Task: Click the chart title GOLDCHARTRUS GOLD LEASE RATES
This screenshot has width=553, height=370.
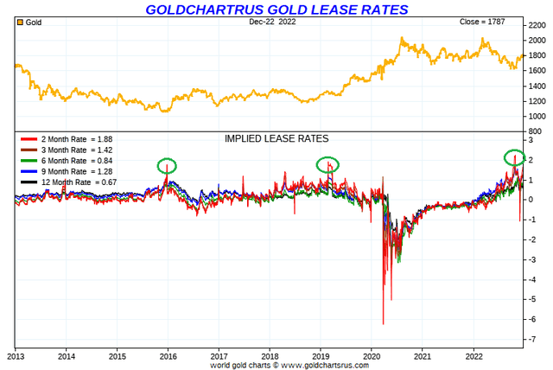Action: [x=276, y=10]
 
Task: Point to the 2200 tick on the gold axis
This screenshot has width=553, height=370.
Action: [x=536, y=26]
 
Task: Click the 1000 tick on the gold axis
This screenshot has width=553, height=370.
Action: [x=536, y=116]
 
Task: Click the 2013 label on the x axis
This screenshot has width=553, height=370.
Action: [x=16, y=354]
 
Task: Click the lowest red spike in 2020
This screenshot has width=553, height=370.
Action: [x=383, y=323]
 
